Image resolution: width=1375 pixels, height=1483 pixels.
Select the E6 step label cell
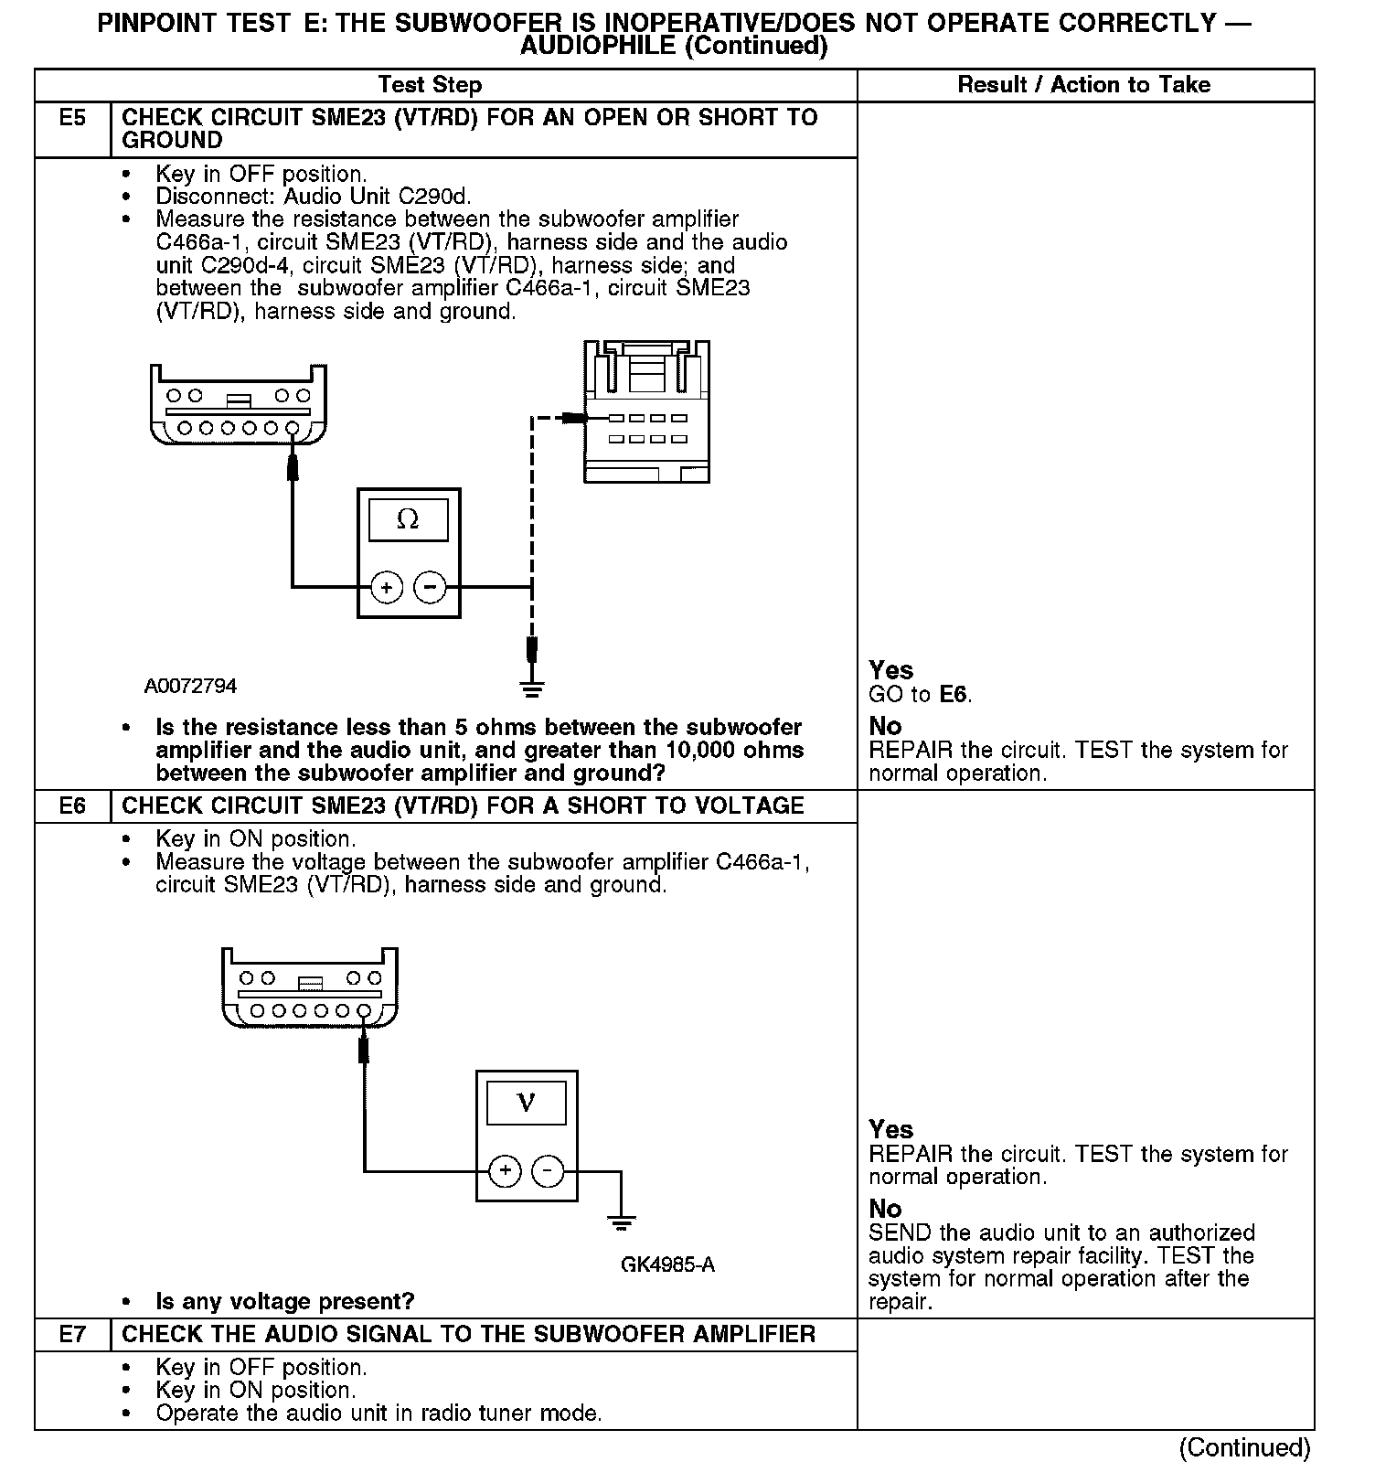(72, 806)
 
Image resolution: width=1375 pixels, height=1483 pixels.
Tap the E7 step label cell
(72, 1334)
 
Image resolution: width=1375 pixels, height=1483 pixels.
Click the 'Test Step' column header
(430, 85)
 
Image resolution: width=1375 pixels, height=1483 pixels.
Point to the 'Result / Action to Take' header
(1083, 85)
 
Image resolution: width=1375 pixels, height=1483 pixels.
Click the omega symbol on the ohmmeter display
(408, 520)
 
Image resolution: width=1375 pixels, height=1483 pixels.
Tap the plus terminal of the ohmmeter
(387, 587)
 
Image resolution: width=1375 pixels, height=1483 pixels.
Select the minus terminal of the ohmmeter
(431, 587)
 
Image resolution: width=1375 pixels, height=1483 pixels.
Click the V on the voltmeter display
(526, 1103)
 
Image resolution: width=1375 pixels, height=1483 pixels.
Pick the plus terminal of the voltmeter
(504, 1170)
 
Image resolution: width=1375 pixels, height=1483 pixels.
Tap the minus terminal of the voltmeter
(548, 1170)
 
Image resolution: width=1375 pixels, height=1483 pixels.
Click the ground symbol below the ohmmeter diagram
(532, 688)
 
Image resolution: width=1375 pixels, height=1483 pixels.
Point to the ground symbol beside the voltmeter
(622, 1222)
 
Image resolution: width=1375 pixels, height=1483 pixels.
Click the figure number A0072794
(190, 686)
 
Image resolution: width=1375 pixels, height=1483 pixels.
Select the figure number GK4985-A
(667, 1265)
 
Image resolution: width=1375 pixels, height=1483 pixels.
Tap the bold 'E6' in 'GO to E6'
(953, 695)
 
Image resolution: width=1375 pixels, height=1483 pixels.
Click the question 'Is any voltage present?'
(284, 1301)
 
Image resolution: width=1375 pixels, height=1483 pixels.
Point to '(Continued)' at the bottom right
(1244, 1447)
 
